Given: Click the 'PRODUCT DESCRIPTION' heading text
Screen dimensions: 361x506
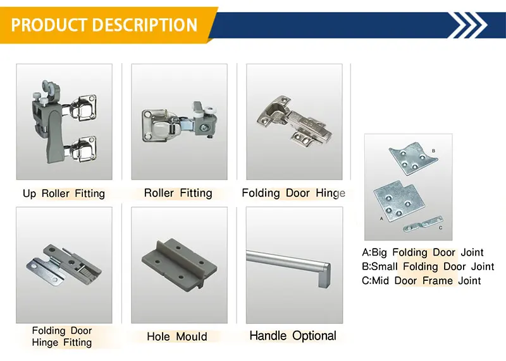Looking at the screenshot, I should click(104, 25).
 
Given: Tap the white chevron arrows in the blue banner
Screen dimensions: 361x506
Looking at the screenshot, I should click(472, 25).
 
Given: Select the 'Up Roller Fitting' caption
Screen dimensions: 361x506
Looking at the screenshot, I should click(64, 193).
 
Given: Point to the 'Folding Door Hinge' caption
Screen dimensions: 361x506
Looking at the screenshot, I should click(293, 192).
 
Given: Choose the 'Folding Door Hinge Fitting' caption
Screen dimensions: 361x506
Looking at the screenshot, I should click(62, 336).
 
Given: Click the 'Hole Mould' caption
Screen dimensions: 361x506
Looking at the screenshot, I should click(177, 336).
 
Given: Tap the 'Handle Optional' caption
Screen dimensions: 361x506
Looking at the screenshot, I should click(293, 336).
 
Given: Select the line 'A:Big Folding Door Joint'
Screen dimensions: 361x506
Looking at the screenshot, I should click(423, 252).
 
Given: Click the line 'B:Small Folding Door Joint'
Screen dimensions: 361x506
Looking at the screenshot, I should click(428, 266).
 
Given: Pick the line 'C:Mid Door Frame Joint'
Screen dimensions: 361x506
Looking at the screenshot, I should click(421, 280).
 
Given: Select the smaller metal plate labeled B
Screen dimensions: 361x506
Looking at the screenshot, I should click(414, 160).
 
